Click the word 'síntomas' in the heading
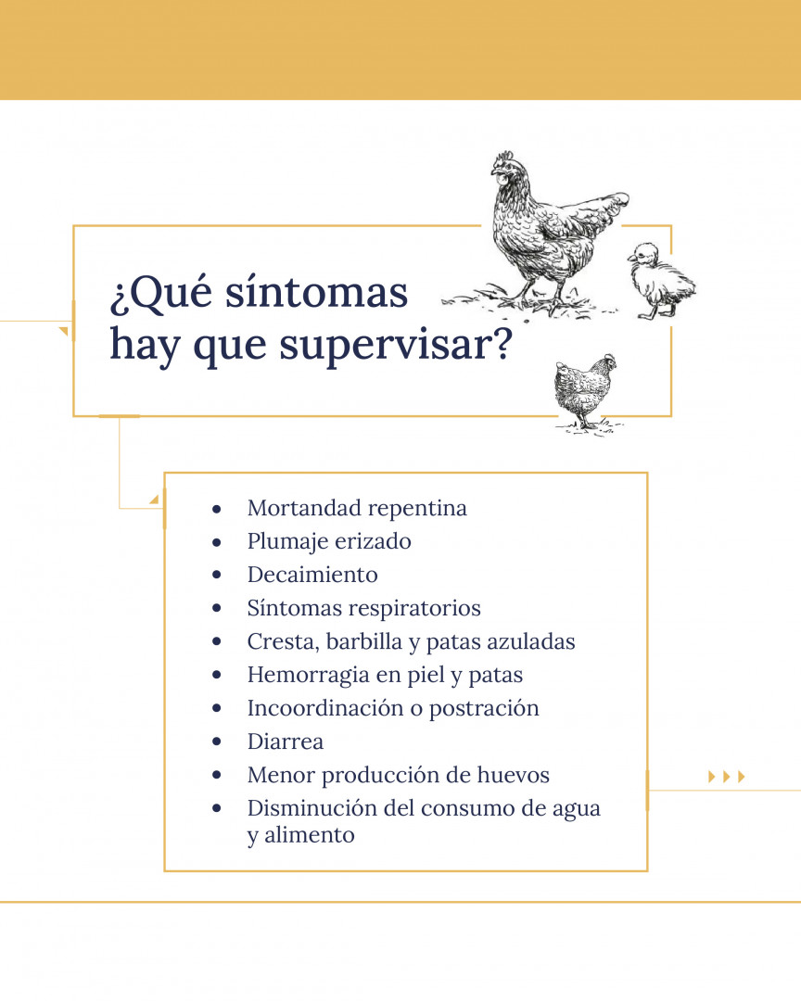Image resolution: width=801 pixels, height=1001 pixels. tap(316, 292)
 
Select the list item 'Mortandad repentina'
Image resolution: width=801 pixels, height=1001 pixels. tap(357, 508)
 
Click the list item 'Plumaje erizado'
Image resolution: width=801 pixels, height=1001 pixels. tap(329, 542)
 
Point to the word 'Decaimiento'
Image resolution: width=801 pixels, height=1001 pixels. tap(312, 575)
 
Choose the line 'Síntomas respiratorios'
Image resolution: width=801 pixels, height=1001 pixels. tap(364, 608)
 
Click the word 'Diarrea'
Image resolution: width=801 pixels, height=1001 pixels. tap(286, 741)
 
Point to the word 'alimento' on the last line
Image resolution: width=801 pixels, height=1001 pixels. tap(309, 835)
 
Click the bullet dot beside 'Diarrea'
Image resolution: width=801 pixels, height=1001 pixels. tap(217, 741)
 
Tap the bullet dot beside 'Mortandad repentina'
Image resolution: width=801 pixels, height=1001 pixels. tap(217, 509)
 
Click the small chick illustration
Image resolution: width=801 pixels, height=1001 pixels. tap(661, 281)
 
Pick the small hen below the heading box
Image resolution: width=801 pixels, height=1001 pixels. tap(583, 391)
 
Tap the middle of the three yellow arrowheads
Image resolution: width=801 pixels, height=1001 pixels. tap(726, 777)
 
